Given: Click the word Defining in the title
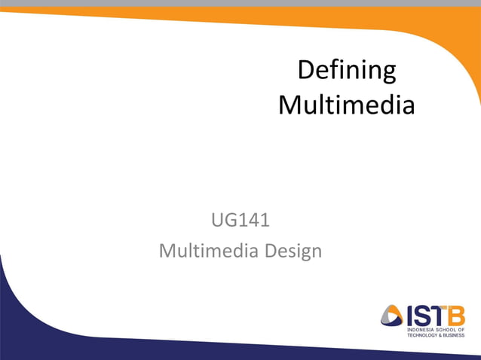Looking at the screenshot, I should pyautogui.click(x=346, y=71).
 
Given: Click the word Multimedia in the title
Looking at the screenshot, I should pyautogui.click(x=346, y=105).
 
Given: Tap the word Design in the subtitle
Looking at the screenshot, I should pyautogui.click(x=293, y=250).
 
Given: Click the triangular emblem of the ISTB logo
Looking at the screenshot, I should pyautogui.click(x=392, y=316).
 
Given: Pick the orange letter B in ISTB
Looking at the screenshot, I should pyautogui.click(x=455, y=315).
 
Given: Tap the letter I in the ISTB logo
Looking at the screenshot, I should pyautogui.click(x=410, y=315).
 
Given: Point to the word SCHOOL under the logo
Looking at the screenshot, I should pyautogui.click(x=448, y=329).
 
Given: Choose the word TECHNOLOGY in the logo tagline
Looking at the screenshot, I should pyautogui.click(x=424, y=334).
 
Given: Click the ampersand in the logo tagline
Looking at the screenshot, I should pyautogui.click(x=443, y=334).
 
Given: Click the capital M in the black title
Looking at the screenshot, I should pyautogui.click(x=290, y=105).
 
